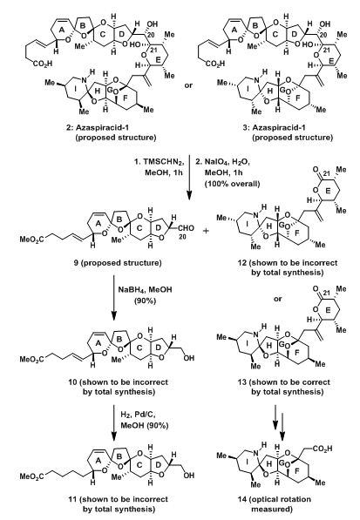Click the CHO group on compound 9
coord(187,228)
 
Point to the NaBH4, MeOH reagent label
coord(146,290)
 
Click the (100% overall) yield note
coord(232,184)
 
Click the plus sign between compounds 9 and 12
coord(206,231)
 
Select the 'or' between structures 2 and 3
coord(188,85)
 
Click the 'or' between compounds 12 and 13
coord(278,299)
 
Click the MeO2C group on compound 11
coord(31,476)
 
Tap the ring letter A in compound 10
coord(98,344)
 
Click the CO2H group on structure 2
coord(43,64)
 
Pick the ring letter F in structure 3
coord(297,98)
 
